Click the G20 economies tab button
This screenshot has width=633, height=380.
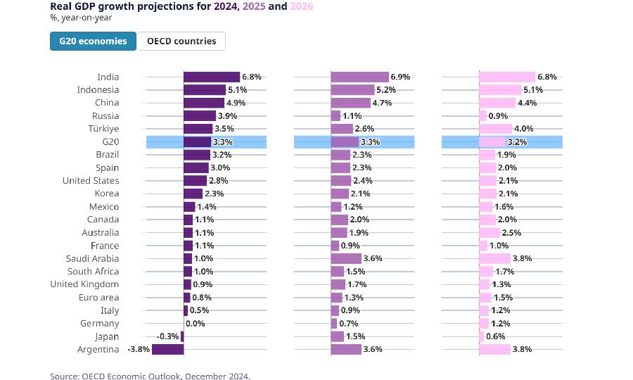[93, 41]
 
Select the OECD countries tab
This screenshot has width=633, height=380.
[181, 41]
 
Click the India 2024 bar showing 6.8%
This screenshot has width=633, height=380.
[211, 77]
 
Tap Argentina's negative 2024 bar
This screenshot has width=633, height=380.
[167, 349]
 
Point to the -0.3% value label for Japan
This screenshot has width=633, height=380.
[167, 336]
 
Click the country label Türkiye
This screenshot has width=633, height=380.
[105, 129]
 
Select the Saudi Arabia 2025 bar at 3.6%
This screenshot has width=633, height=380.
[346, 258]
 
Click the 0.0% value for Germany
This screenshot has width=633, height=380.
[196, 324]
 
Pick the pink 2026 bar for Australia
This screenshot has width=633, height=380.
[490, 232]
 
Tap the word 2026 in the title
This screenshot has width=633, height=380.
[300, 6]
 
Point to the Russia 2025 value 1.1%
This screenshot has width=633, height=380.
[352, 116]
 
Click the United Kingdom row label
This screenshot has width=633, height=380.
[84, 284]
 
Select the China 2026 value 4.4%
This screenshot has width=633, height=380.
[527, 103]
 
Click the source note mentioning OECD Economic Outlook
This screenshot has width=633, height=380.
[150, 376]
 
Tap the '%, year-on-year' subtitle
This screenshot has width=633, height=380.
[81, 18]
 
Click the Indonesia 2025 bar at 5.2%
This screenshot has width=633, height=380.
[352, 90]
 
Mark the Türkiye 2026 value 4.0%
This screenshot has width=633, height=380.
[524, 129]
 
